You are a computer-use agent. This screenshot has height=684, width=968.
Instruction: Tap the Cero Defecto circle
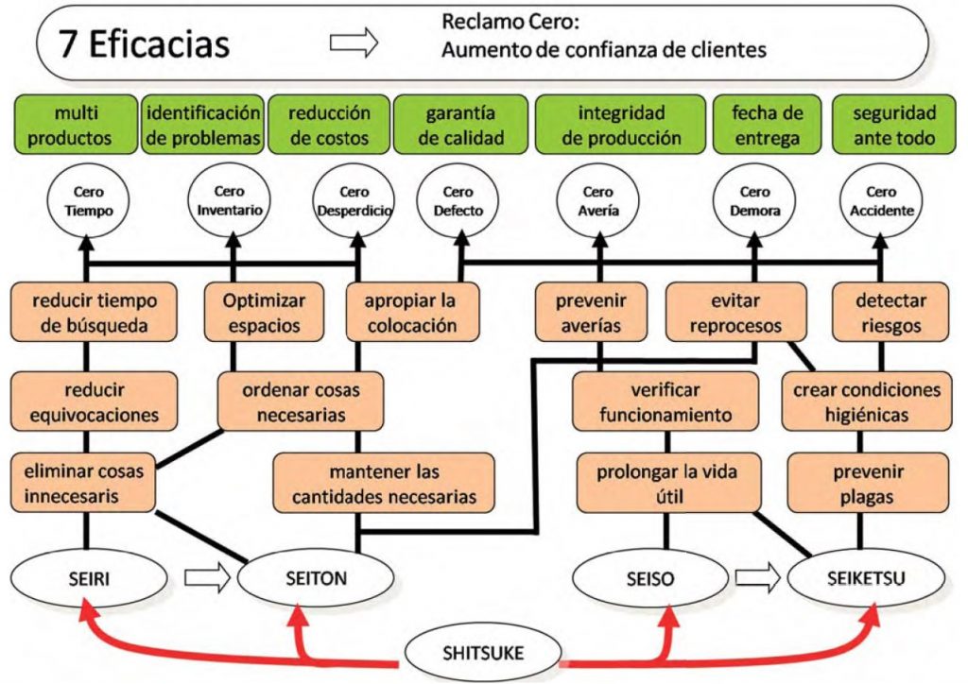click(458, 201)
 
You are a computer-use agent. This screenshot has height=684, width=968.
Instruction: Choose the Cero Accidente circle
click(881, 201)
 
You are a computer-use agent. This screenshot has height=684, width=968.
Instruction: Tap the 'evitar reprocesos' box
click(735, 314)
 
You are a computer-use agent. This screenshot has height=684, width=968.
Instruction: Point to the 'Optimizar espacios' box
click(264, 314)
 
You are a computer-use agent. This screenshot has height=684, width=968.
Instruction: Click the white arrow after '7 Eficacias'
click(353, 43)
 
